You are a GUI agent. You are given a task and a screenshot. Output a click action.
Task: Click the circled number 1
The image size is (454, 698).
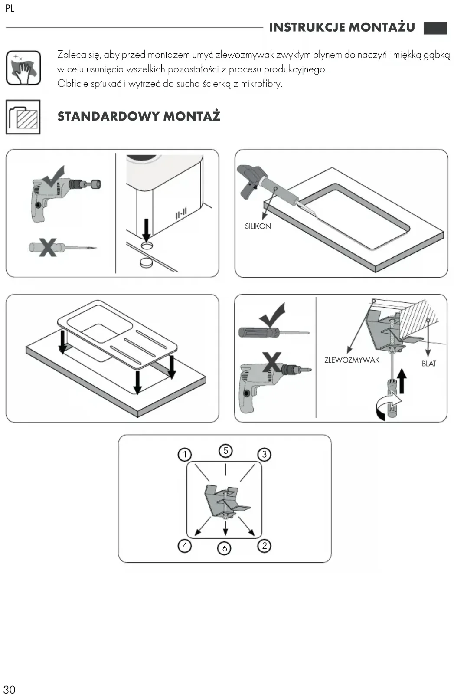coord(184,455)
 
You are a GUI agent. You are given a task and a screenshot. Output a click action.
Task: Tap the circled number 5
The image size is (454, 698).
coord(225,451)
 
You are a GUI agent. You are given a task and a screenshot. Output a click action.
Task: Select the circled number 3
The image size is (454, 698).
coord(264,455)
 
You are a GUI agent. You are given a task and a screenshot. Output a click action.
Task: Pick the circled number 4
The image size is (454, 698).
coord(185,546)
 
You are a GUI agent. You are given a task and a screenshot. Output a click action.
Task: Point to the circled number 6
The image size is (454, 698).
coord(224,548)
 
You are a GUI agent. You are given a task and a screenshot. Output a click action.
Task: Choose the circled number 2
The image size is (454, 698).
coord(264,546)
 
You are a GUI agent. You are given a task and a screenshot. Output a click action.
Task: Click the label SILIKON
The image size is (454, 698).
coord(258,226)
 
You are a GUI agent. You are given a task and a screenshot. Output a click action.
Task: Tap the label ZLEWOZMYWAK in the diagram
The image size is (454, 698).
coord(352,360)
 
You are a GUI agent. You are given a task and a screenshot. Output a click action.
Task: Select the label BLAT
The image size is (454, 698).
coord(429,364)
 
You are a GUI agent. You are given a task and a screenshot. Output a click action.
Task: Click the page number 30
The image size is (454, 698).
coord(10,690)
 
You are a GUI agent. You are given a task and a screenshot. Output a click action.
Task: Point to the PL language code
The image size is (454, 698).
coord(10,8)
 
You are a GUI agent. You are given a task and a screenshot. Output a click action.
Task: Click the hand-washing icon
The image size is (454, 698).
coord(23,68)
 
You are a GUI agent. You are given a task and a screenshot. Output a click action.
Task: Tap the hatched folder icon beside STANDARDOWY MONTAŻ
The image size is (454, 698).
coord(23,117)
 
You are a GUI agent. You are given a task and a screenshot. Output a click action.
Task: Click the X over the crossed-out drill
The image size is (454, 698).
coord(271,362)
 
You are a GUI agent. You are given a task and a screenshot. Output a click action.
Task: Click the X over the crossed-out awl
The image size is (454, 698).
coord(48,247)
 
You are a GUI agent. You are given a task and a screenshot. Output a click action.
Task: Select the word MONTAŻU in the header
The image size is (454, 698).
coord(382,27)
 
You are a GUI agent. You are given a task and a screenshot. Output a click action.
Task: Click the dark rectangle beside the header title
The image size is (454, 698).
coord(435,28)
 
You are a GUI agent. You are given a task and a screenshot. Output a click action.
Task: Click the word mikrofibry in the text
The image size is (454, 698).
coord(261,84)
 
